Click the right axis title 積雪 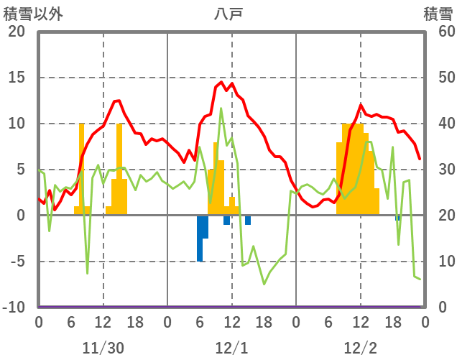[x=438, y=14]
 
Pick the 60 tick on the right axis [x=439, y=32]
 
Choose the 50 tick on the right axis [x=439, y=78]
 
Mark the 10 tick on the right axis [x=439, y=262]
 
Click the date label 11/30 [x=103, y=348]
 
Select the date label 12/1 [x=231, y=348]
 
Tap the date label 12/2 [x=360, y=348]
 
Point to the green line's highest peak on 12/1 [x=221, y=109]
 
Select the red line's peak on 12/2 [x=361, y=105]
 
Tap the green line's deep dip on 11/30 [x=88, y=273]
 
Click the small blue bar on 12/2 [x=397, y=218]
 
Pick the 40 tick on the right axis [x=439, y=124]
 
